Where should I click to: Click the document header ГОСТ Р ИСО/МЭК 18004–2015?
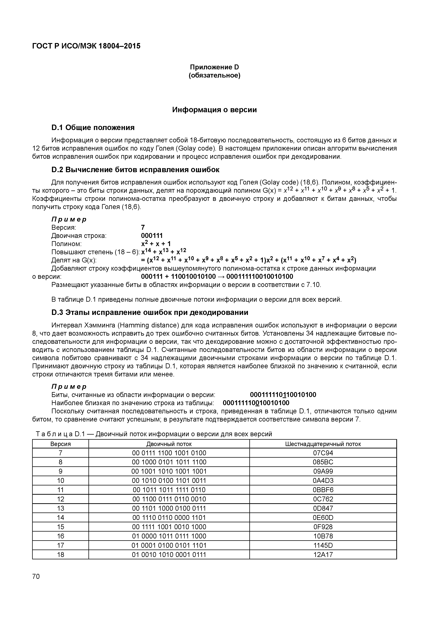86,46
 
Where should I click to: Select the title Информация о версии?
214,110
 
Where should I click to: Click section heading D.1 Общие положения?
93,127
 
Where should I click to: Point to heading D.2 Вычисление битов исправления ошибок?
135,170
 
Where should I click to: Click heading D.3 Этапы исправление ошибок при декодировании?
150,313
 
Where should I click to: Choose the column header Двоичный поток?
169,444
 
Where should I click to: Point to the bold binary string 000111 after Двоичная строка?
152,236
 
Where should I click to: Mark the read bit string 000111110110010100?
283,395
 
